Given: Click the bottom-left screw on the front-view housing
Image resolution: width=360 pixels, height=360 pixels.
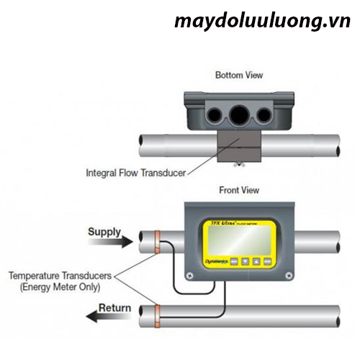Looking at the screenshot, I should [x=190, y=276].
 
